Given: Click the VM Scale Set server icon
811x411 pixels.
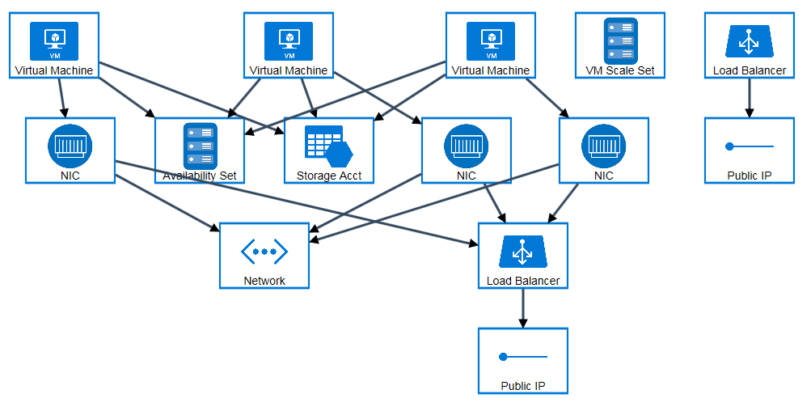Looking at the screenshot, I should click(620, 37).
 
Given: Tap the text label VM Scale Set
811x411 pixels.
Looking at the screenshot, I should click(620, 70).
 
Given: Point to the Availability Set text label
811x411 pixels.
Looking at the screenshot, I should click(200, 176).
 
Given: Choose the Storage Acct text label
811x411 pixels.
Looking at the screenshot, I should click(329, 176).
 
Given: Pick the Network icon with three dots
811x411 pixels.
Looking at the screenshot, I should click(264, 251).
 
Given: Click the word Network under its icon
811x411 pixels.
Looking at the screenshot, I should click(264, 281).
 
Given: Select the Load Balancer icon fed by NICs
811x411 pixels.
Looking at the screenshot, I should click(523, 251).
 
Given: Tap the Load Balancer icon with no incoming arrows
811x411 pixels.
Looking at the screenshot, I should click(750, 40).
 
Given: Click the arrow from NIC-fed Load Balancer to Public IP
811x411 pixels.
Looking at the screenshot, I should click(523, 307).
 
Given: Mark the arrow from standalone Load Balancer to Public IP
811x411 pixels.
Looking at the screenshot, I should click(750, 97).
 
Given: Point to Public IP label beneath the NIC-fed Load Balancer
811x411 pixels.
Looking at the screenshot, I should click(523, 386).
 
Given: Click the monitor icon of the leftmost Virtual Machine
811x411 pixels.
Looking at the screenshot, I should click(54, 39).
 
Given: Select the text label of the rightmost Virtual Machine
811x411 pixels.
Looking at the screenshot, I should click(491, 70).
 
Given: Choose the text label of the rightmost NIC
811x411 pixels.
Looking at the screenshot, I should click(604, 176).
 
